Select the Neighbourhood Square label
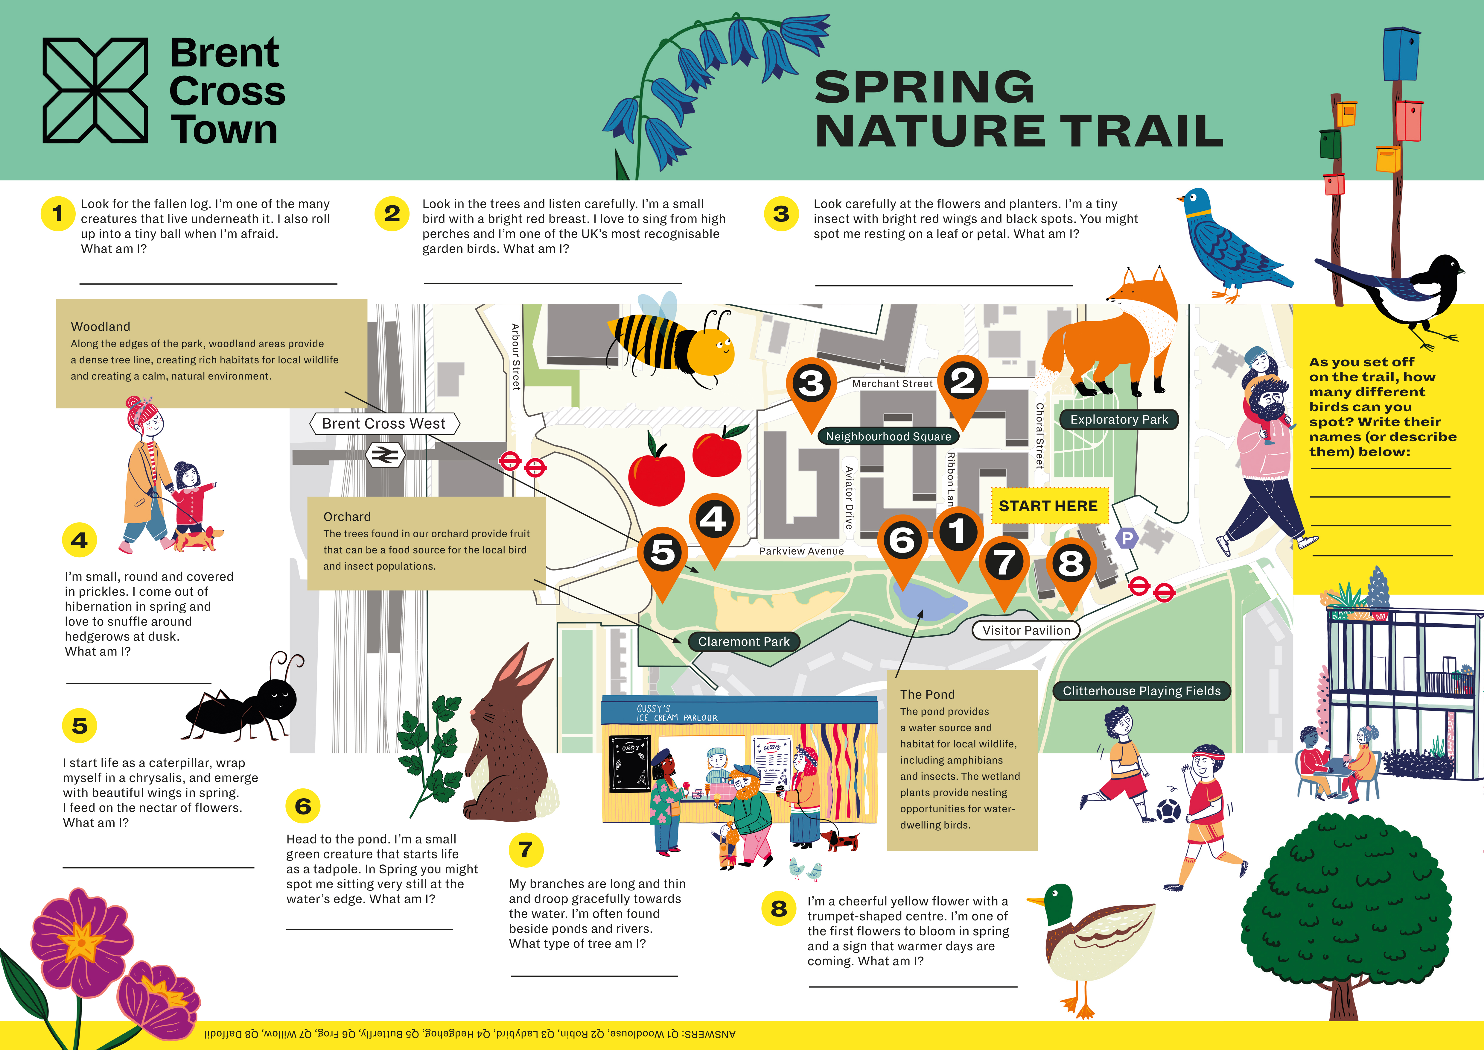point(888,436)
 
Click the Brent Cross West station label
point(384,424)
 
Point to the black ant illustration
point(242,702)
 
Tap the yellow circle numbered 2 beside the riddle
point(392,213)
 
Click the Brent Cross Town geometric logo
point(95,90)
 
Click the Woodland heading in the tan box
point(100,327)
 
